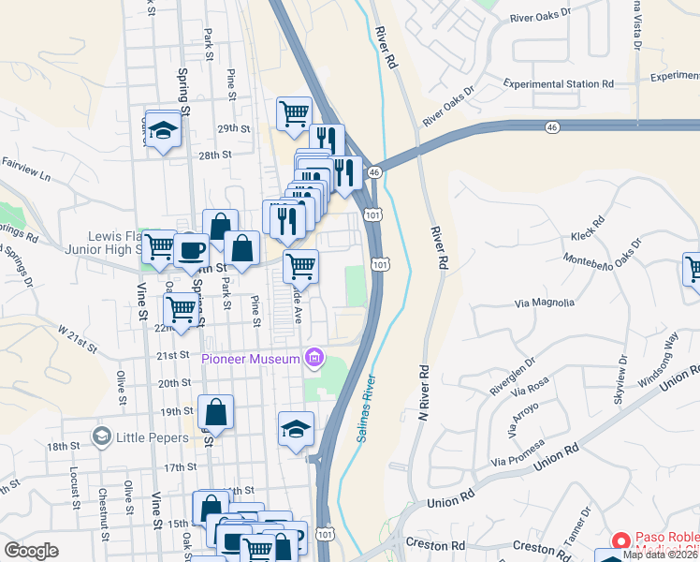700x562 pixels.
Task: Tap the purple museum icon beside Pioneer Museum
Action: pos(314,357)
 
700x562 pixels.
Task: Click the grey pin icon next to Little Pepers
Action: pos(101,436)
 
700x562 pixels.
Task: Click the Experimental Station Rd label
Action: pos(558,84)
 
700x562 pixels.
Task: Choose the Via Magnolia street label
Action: pos(545,303)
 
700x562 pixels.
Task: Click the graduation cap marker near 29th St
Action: pos(163,130)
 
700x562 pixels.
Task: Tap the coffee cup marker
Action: pos(192,249)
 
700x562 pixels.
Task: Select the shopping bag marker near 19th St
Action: pos(215,411)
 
